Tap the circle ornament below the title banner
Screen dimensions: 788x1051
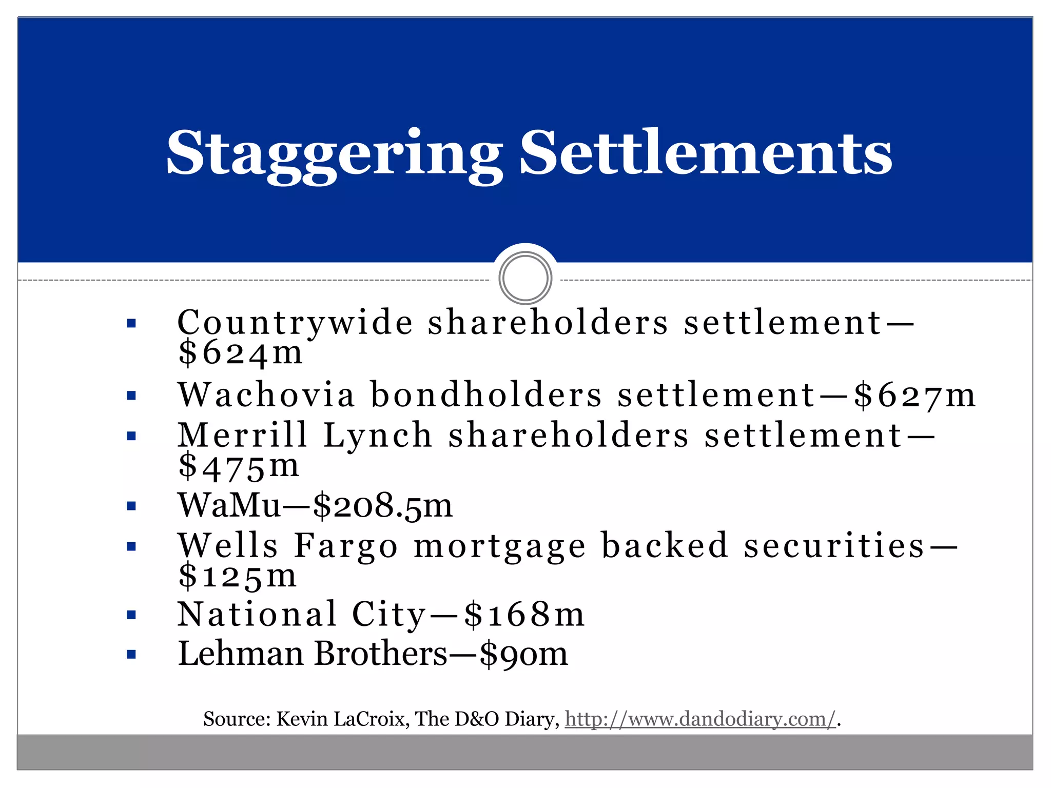pos(525,278)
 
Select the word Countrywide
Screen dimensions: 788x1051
pos(295,323)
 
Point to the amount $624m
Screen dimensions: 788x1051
pos(240,353)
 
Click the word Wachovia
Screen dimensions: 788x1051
pos(266,395)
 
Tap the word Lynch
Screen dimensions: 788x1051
pos(378,436)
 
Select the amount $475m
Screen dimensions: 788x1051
pos(239,466)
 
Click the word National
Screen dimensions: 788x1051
pos(257,614)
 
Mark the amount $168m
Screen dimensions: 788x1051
pos(524,615)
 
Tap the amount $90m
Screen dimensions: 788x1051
pos(524,655)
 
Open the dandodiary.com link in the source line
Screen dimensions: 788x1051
pos(700,719)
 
